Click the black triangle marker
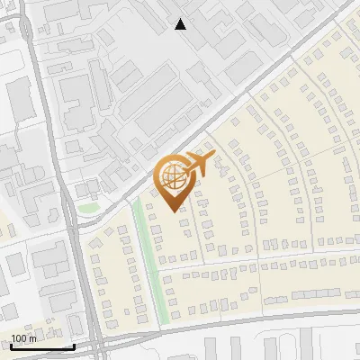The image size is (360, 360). pos(181,24)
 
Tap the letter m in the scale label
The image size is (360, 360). pos(33,338)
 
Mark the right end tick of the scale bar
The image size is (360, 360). pos(74,346)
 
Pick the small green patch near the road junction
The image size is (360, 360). pos(87,208)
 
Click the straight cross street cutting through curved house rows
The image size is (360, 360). pos(261,261)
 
